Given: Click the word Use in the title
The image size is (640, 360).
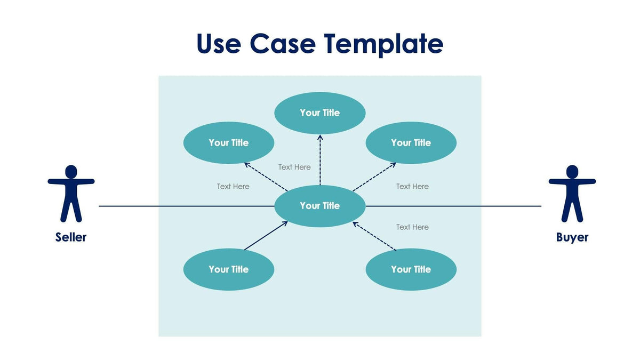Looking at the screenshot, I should (x=218, y=44).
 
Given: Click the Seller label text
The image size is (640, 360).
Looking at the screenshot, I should (x=71, y=237).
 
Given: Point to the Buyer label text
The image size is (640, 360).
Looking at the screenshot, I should (x=572, y=237).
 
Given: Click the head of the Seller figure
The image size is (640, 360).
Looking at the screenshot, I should (x=71, y=171).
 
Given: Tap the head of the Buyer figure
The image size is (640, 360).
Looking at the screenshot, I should (x=572, y=171).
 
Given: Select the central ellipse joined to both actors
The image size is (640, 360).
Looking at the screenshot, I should (x=319, y=206).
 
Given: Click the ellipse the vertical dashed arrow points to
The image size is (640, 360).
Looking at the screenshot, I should (x=319, y=113).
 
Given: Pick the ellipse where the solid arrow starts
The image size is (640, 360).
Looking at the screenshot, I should (x=228, y=269).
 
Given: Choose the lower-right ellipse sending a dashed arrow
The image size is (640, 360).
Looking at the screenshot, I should (x=411, y=269).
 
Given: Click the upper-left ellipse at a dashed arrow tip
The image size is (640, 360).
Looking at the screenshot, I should (x=228, y=143).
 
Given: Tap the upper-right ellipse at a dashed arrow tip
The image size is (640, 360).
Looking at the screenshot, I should (x=411, y=143).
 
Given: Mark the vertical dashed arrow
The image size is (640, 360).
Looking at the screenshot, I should (x=320, y=160).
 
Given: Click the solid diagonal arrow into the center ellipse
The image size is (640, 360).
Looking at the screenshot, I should (x=266, y=236).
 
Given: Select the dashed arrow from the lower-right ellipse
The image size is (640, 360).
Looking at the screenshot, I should (x=374, y=236).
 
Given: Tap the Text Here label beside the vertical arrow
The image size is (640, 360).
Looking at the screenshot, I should (x=294, y=167).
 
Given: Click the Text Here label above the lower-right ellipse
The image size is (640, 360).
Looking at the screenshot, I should (x=412, y=227).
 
